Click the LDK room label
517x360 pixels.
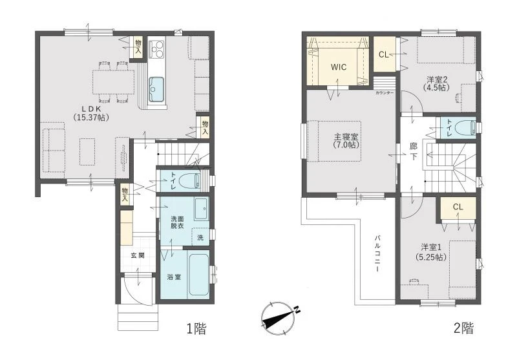91,112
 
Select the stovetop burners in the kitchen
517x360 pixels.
156,48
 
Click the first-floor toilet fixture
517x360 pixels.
189,181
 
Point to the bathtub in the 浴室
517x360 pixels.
198,275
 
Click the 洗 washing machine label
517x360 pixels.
200,238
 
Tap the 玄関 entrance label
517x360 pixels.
138,255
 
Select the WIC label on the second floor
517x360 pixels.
339,67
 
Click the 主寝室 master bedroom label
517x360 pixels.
346,141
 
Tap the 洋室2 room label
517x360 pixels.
437,83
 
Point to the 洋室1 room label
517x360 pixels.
431,252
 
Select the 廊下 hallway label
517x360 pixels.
413,151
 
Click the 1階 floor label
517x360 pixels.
196,328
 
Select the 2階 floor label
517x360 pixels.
463,328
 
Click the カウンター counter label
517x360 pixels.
385,93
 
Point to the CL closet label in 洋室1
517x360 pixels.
458,207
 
